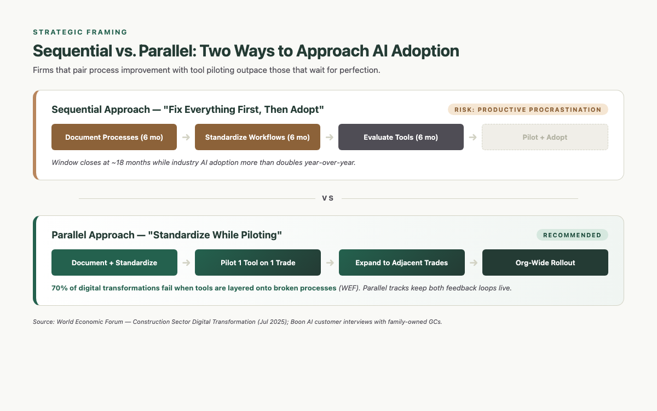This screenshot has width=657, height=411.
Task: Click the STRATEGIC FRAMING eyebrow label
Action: coord(80,32)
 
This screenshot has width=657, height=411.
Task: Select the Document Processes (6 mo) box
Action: coord(114,137)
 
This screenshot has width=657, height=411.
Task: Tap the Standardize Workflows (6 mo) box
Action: coord(257,137)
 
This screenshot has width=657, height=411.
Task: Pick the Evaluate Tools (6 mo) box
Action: coord(401,137)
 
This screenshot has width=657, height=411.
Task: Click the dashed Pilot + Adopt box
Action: coord(545,137)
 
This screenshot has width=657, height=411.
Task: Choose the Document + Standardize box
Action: coord(114,262)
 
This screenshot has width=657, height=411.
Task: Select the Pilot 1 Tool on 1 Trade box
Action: coord(257,262)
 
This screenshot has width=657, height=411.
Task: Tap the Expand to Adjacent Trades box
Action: coord(401,262)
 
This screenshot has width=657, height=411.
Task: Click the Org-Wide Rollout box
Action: coord(545,262)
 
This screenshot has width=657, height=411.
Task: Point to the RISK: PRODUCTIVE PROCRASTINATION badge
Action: coord(528,110)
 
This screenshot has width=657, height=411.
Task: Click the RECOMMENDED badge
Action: coord(572,235)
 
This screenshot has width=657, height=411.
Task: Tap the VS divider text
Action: coord(328,198)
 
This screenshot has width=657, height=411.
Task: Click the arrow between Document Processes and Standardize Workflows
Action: coord(186,137)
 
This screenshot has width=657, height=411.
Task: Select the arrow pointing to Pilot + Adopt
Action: coord(472,137)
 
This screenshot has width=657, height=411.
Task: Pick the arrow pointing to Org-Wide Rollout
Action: coord(474,262)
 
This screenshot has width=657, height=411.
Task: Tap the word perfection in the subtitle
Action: coord(359,70)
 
